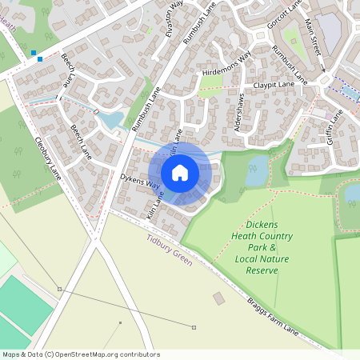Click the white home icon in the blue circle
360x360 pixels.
180,173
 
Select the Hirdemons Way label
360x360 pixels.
227,63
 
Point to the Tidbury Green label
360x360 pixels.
170,249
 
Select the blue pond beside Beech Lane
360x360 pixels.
112,121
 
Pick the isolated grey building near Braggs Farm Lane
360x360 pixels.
218,298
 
